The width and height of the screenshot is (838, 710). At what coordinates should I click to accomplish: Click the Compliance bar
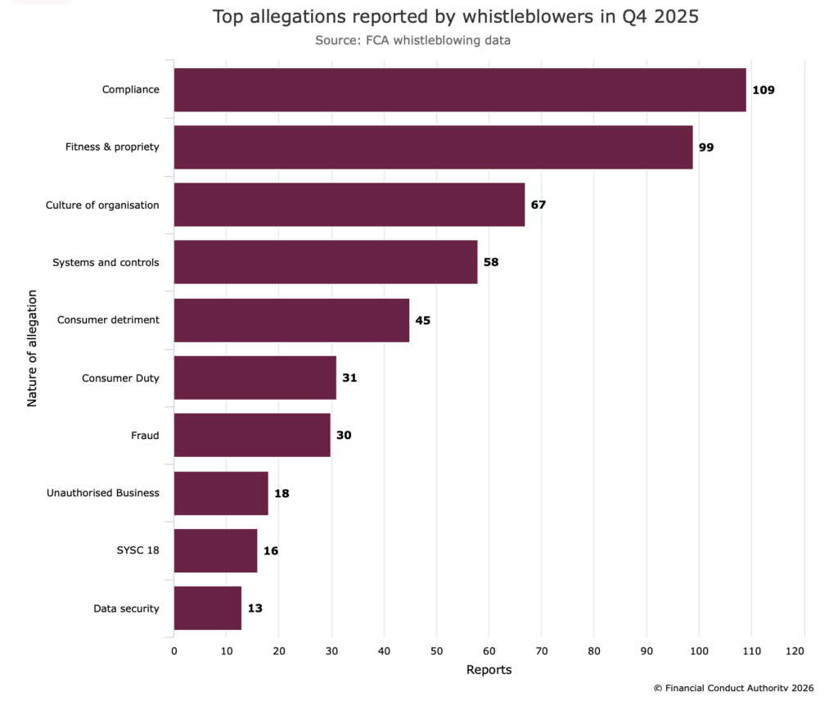point(460,90)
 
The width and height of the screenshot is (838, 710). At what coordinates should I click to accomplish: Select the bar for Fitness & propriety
point(434,147)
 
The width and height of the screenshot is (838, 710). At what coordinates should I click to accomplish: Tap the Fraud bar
point(252,435)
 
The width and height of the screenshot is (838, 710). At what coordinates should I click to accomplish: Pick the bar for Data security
point(208,608)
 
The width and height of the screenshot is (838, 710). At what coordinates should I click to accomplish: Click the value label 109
point(764,90)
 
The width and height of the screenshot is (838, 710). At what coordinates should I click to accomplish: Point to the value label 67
point(538,205)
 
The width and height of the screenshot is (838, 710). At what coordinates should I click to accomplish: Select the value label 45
point(422,320)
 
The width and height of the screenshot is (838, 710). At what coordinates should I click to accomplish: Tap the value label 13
point(255,608)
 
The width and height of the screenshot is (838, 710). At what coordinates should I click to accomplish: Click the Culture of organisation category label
point(102,205)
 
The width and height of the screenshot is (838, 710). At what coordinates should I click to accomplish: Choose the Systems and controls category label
point(106,263)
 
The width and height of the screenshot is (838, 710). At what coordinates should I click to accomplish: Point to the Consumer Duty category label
point(120,378)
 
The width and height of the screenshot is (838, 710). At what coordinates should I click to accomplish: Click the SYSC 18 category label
point(137,550)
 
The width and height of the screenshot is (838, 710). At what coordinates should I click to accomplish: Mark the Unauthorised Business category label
point(103,493)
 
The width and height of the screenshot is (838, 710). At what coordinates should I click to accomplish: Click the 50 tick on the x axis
point(436,651)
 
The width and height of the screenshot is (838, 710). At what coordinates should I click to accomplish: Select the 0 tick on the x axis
point(174,651)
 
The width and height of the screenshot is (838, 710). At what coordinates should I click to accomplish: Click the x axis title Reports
point(489,670)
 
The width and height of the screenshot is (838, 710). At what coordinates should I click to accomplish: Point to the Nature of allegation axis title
point(33,347)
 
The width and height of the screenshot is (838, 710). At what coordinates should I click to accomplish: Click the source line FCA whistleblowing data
point(412,39)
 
